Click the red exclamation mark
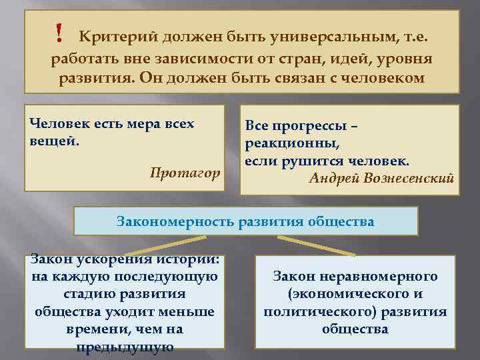coord(59,31)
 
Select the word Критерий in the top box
coord(115,36)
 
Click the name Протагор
coord(185,173)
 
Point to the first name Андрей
coord(332,178)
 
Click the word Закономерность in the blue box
coord(176,221)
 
